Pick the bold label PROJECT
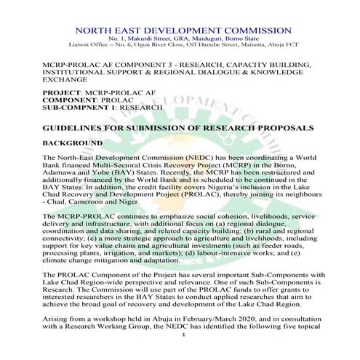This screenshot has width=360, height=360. pyautogui.click(x=61, y=94)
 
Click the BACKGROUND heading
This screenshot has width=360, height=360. pyautogui.click(x=72, y=143)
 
